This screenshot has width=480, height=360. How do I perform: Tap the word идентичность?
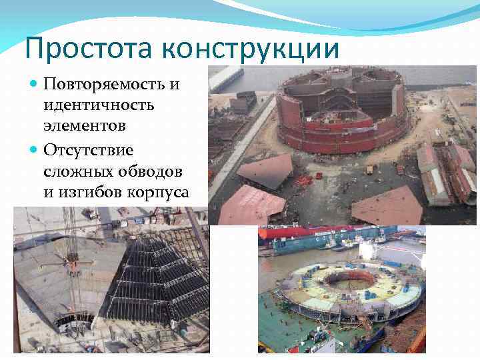tap(98, 105)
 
